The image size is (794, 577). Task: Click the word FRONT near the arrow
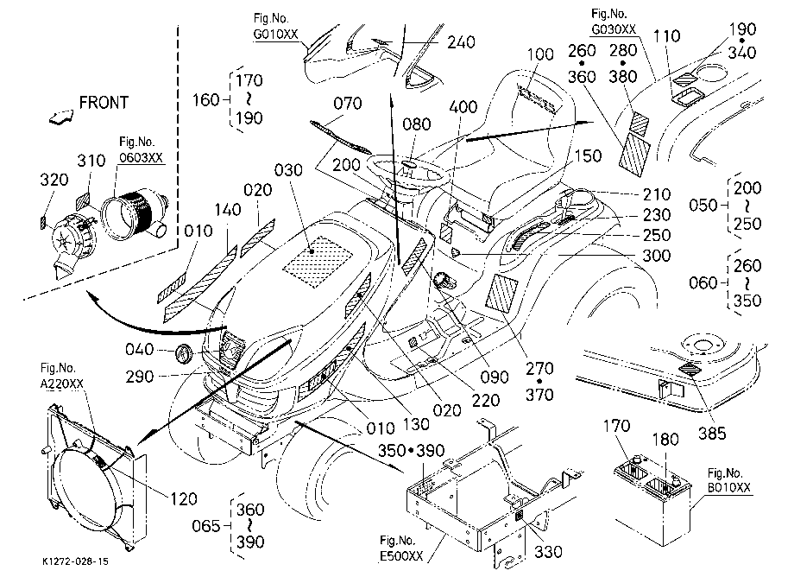tap(104, 103)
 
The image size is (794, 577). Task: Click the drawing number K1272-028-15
tap(75, 561)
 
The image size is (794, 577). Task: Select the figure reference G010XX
tap(276, 35)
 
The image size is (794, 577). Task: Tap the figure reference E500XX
tap(401, 556)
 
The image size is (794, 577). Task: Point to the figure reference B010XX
tap(729, 488)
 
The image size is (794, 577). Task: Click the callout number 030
tap(288, 170)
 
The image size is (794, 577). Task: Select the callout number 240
tap(461, 42)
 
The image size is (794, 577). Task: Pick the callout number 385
tap(712, 434)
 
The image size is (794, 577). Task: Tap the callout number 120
tap(183, 499)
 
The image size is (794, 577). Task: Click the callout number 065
tap(205, 526)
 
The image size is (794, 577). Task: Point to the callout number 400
tap(463, 107)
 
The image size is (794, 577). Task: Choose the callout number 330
tap(548, 551)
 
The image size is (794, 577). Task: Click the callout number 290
tap(139, 377)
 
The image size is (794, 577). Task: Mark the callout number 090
tap(495, 377)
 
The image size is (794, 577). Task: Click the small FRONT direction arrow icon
tap(61, 117)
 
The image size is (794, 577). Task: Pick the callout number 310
tap(91, 162)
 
